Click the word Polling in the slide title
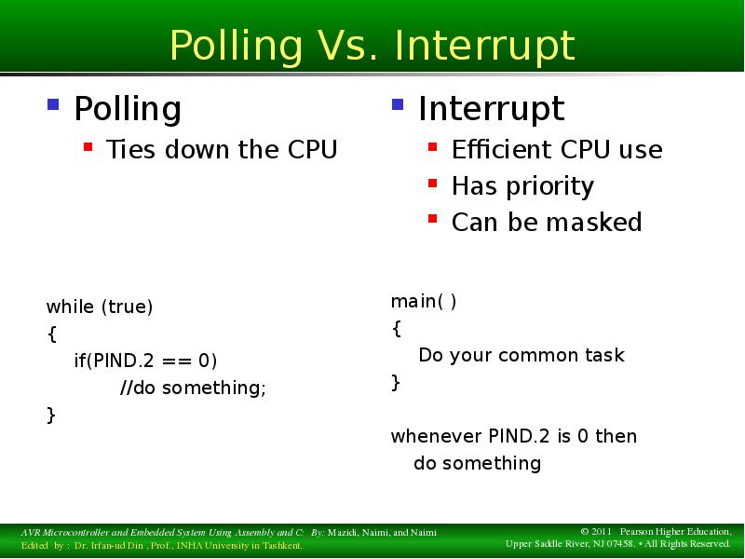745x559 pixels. (x=237, y=47)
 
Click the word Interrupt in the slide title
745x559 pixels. (x=485, y=47)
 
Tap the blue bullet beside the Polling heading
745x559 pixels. (x=53, y=104)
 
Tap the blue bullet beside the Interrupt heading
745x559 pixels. (x=398, y=104)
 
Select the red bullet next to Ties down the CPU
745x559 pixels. (x=88, y=147)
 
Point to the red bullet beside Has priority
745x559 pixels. (x=432, y=184)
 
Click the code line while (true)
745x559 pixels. (x=100, y=307)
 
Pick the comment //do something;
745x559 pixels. (x=193, y=388)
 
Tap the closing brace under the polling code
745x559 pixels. (x=51, y=415)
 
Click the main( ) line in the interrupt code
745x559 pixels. (x=424, y=301)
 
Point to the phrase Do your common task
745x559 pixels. (x=521, y=355)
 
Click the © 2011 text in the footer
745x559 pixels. (x=595, y=532)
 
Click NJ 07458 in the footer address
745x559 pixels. (x=609, y=544)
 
